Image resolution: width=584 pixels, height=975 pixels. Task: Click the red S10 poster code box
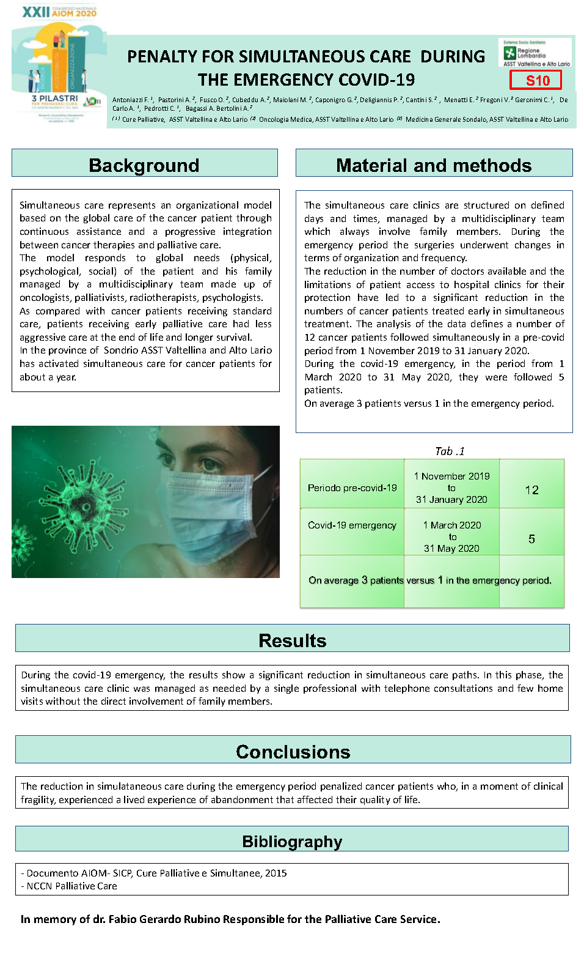coord(536,80)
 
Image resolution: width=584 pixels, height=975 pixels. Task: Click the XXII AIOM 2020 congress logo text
coord(59,12)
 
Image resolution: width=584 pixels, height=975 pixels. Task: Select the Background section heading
coord(144,165)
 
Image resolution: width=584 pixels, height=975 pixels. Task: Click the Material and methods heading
coord(434,165)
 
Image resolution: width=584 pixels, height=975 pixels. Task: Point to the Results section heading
coord(292,640)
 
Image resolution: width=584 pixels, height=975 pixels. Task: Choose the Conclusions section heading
coord(293,752)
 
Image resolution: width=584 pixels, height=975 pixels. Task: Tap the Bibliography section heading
coord(292,842)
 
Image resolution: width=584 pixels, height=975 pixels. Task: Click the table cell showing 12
coord(531,490)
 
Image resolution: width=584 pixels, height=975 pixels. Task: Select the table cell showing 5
coord(531,539)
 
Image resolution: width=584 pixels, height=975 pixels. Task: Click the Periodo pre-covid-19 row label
coord(352,488)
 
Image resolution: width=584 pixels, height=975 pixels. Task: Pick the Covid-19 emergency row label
coord(352,525)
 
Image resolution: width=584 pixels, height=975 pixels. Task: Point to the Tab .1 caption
coord(450,451)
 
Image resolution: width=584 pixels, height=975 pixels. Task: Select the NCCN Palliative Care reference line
coord(71,886)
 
